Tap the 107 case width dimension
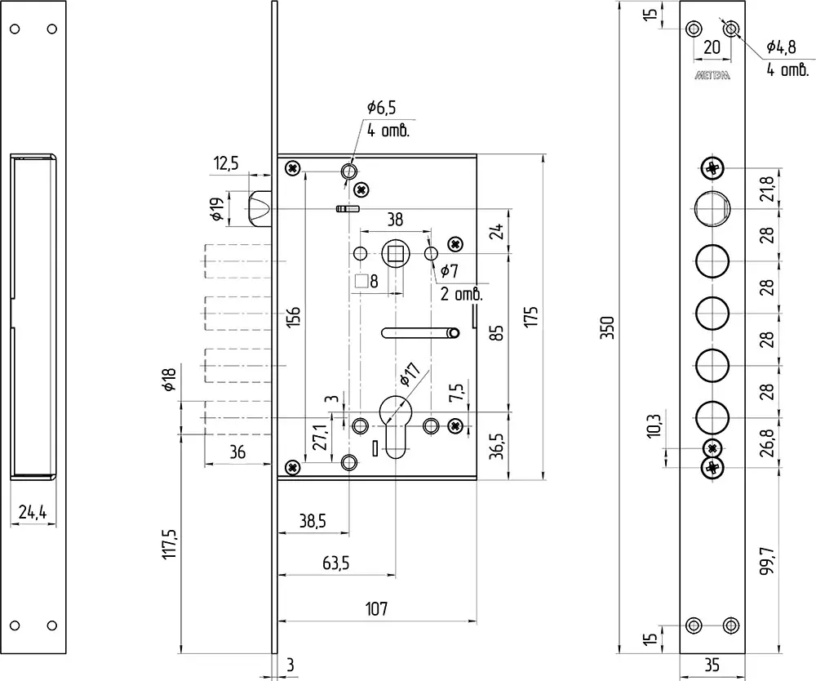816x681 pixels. coord(376,608)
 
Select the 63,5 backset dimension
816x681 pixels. coord(335,563)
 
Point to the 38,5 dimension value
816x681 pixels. coord(313,521)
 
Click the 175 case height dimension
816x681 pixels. coord(531,317)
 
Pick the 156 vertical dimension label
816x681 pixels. coord(294,317)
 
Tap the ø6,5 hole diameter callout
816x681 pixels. coord(381,108)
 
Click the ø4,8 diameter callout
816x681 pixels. coord(781,47)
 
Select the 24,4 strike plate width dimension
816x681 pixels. coord(33,512)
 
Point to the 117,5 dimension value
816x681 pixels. coord(171,545)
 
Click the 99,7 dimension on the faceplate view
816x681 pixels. coord(767,560)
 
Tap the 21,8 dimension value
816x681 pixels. coord(767,188)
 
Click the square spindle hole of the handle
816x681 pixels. coord(396,254)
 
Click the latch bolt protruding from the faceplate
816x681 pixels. coord(259,209)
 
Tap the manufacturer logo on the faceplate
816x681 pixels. coord(712,75)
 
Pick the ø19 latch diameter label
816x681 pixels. coord(218,209)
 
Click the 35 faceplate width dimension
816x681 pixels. coord(712,665)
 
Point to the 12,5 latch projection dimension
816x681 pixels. coord(226,163)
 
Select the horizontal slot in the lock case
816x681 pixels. coord(420,332)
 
